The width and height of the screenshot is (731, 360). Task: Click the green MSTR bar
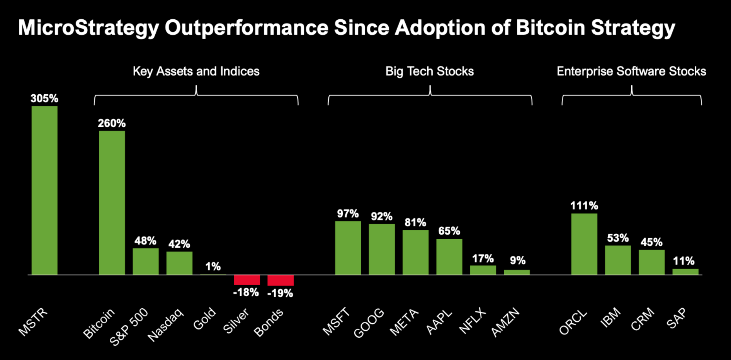pos(44,190)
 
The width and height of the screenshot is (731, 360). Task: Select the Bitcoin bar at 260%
pos(112,203)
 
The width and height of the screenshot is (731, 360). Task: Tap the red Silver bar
pos(247,280)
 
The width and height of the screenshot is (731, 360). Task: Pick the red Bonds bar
pos(280,280)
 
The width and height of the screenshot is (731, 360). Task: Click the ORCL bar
pos(584,244)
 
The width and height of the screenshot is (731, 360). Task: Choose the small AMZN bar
pos(517,272)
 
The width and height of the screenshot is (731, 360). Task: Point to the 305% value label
pos(44,98)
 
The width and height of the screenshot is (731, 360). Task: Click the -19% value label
pos(280,294)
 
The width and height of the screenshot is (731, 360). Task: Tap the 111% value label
pos(584,205)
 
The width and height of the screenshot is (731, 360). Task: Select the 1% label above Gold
pos(213,267)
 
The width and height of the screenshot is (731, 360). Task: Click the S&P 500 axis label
pos(129,327)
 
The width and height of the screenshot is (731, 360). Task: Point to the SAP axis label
pos(677,318)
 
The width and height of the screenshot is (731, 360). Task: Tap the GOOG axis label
pos(369,323)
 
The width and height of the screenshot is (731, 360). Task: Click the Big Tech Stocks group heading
pos(430,71)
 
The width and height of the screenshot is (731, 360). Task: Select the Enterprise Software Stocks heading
pos(631,71)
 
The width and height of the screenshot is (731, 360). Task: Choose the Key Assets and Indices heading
pos(196,71)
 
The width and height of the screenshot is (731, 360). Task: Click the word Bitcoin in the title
pos(550,27)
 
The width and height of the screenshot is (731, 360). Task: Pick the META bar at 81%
pos(416,252)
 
